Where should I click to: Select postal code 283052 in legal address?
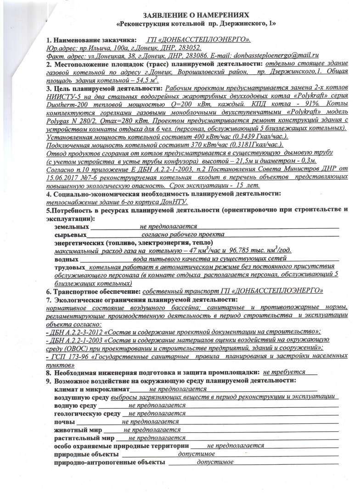click(x=191, y=47)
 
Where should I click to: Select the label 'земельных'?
click(x=72, y=227)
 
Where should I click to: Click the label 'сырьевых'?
click(x=70, y=235)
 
